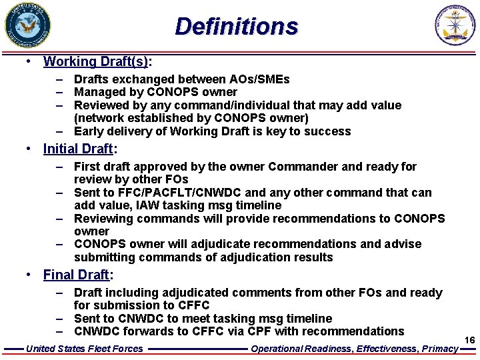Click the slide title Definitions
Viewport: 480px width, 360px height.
237,27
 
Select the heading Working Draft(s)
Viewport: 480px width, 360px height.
96,62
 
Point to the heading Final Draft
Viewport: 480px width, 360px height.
75,275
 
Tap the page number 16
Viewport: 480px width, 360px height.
469,341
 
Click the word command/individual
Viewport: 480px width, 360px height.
251,105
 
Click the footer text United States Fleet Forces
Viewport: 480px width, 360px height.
84,348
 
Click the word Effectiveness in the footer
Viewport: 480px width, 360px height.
385,348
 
